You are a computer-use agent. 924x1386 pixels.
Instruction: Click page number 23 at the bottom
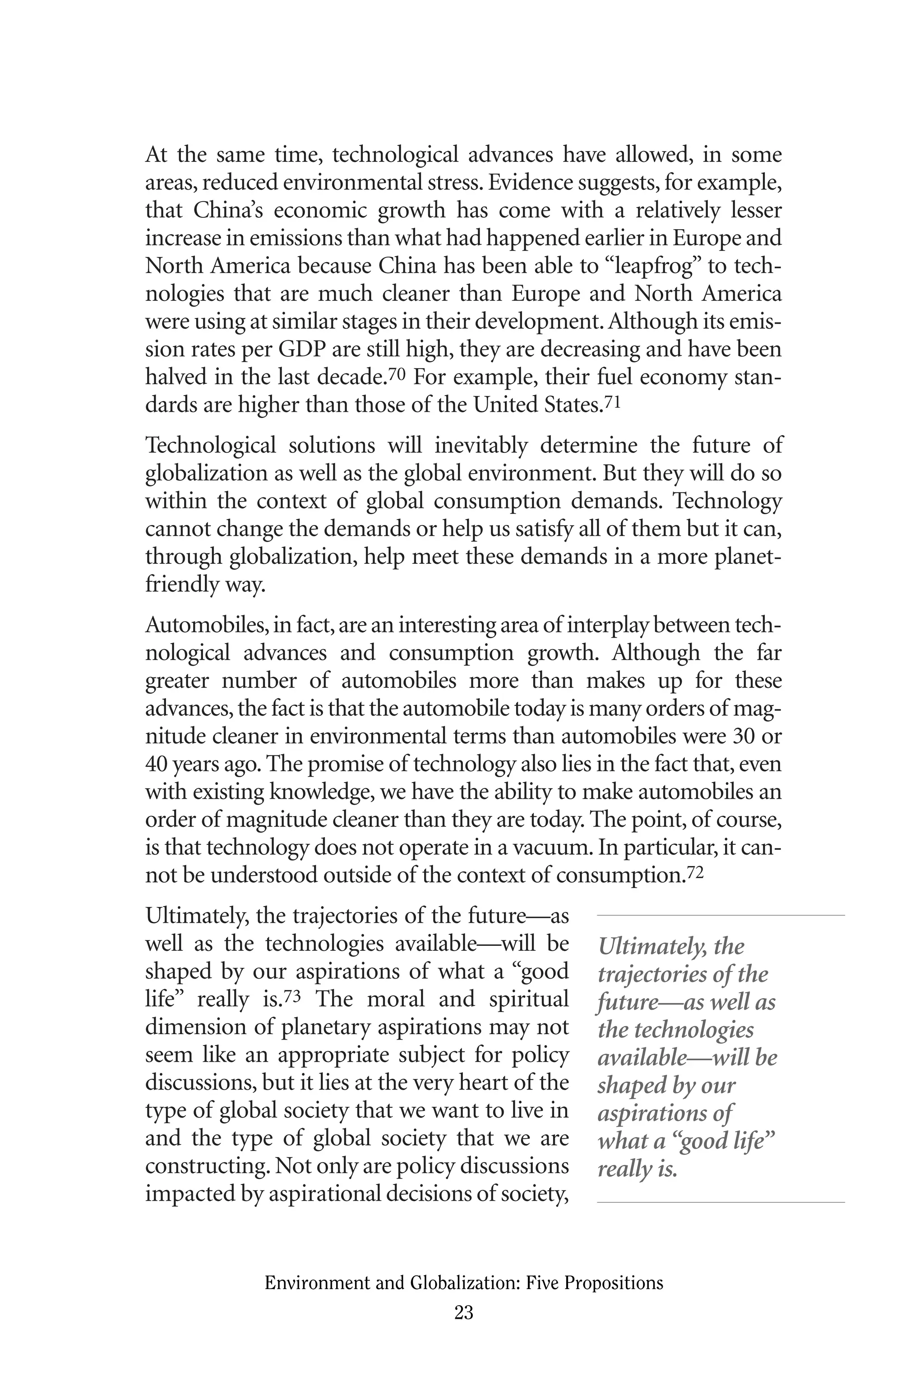464,1312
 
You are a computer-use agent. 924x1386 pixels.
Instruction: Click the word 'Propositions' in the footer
622,1283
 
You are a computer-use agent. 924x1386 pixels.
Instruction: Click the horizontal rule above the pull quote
720,915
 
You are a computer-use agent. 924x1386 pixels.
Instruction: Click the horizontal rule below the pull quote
720,1202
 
